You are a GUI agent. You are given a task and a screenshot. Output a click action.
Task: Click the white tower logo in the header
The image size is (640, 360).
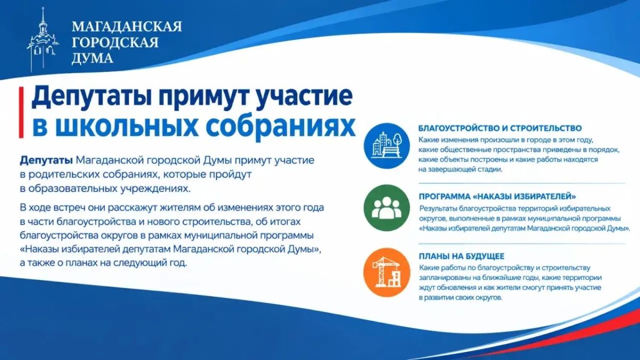(43, 40)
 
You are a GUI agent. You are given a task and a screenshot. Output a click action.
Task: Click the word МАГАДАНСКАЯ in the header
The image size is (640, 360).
(127, 27)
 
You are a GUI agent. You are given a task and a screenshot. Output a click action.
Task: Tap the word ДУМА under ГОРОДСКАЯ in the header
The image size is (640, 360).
(92, 58)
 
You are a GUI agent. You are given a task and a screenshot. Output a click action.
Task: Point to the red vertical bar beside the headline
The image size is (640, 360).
(21, 113)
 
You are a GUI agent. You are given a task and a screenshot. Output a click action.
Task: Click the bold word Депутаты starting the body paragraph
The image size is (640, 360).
(46, 161)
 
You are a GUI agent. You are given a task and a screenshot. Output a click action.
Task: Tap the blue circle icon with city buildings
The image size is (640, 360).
(387, 146)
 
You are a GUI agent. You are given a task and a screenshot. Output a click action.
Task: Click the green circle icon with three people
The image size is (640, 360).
(387, 207)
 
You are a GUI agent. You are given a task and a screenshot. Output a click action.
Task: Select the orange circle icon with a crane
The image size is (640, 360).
(387, 273)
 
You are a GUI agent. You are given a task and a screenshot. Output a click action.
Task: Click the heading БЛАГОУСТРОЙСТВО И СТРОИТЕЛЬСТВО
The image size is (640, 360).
(500, 129)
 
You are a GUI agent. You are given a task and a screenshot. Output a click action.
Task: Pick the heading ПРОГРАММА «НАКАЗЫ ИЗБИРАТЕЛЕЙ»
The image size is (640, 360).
(497, 197)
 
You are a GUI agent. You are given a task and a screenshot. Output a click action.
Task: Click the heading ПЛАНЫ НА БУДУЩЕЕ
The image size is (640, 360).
(461, 256)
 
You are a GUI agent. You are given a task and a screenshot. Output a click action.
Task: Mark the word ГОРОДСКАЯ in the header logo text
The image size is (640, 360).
(115, 42)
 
